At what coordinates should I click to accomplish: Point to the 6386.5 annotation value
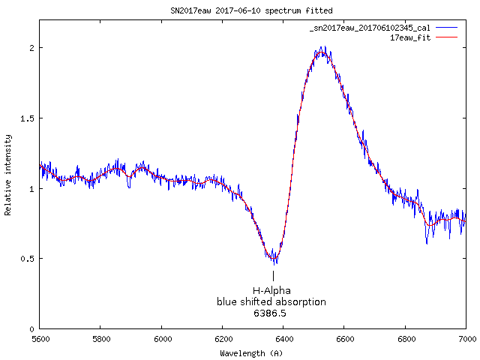[270, 313]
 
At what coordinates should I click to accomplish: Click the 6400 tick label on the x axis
[283, 340]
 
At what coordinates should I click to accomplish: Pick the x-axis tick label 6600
[344, 340]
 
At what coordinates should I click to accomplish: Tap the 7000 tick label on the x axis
[466, 340]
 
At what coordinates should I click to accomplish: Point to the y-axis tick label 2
[31, 48]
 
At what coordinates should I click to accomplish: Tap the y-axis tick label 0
[31, 329]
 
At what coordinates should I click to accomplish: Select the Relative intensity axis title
[8, 175]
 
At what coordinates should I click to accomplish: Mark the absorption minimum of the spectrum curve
[274, 260]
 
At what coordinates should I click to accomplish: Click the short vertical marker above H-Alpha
[273, 276]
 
